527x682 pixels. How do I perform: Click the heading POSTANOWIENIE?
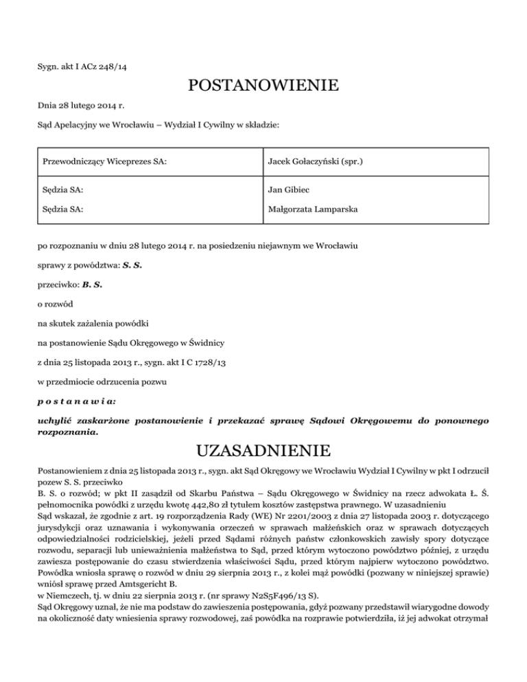(263, 86)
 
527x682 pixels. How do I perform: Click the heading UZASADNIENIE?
(263, 450)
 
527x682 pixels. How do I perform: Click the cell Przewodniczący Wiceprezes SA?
(106, 161)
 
